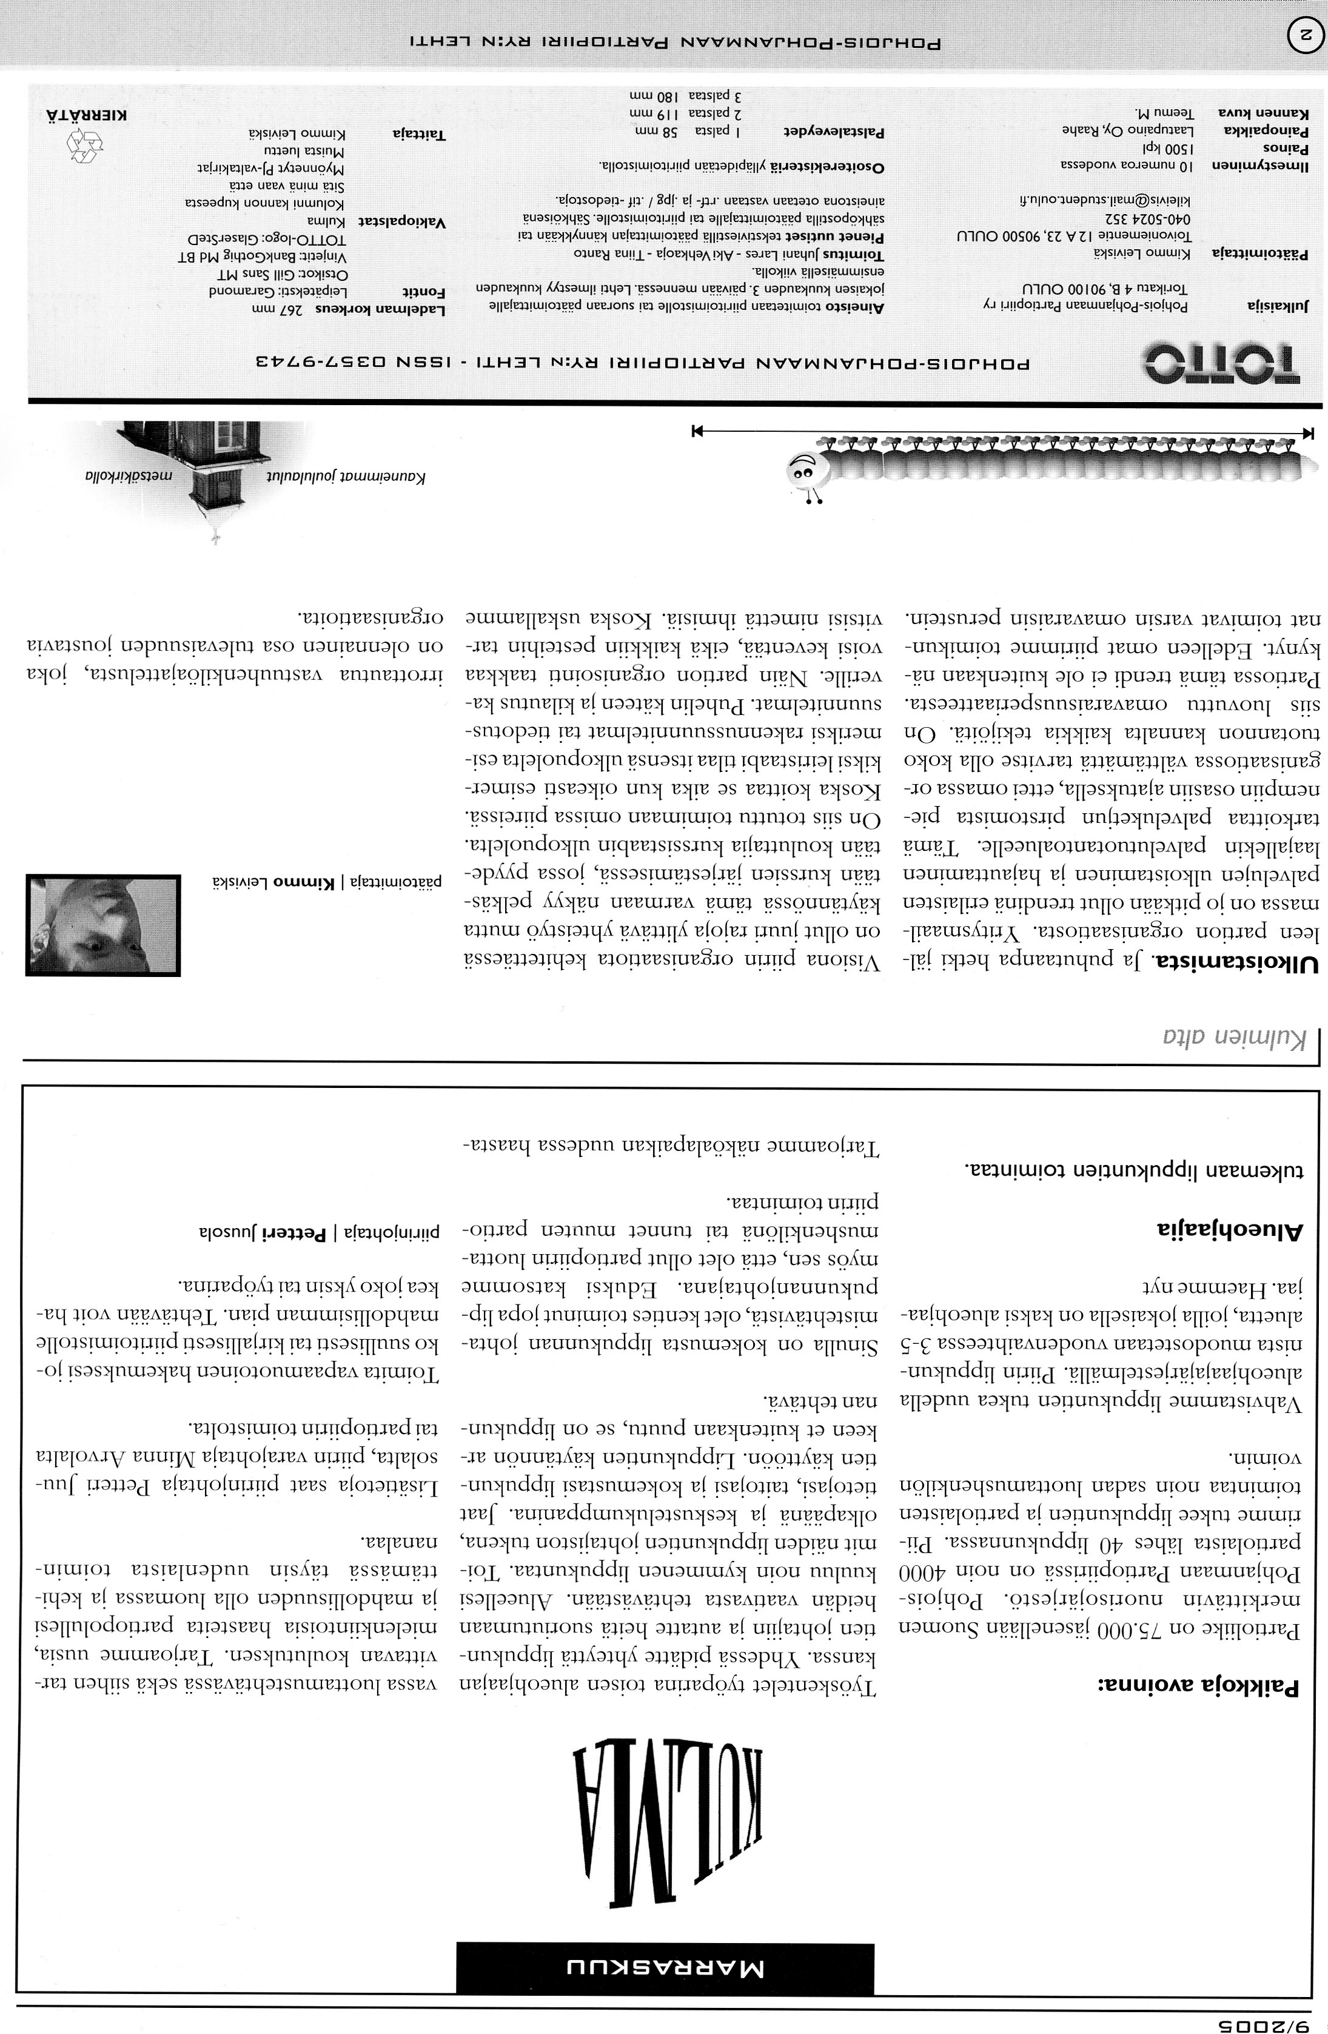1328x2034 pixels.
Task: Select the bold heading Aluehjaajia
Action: click(x=1230, y=1230)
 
